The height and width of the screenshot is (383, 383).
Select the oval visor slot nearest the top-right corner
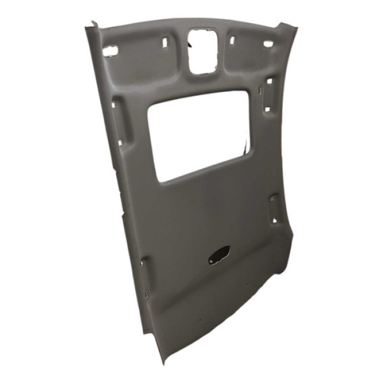[268, 44]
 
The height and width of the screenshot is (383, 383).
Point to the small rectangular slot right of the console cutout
[232, 40]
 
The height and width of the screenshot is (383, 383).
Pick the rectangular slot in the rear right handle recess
[273, 201]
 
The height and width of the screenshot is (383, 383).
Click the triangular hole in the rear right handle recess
[274, 220]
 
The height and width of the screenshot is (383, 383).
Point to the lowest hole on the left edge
[146, 295]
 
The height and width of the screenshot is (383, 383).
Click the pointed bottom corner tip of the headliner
[163, 361]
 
